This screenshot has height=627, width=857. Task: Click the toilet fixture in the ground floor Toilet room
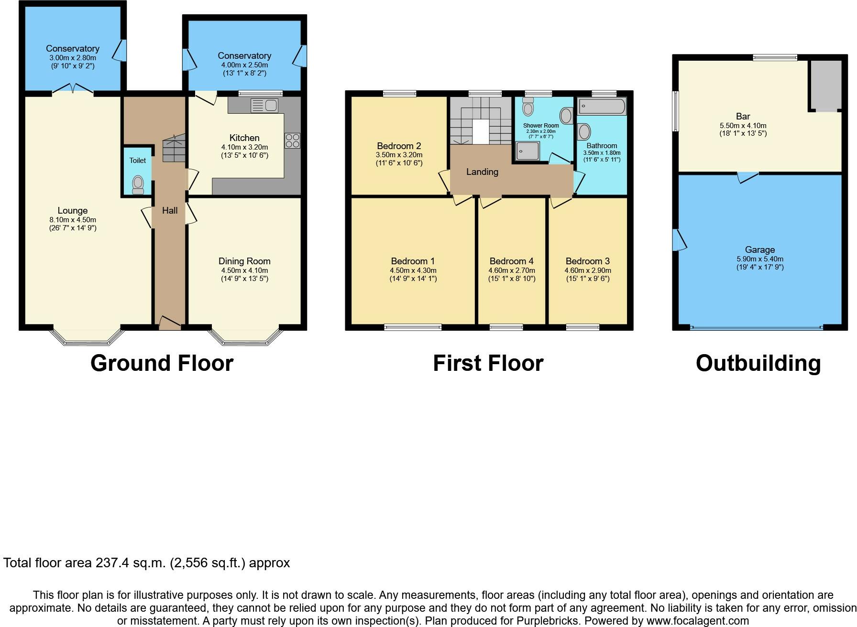click(138, 184)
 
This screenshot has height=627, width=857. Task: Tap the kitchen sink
click(264, 106)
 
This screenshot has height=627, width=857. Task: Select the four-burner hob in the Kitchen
click(292, 140)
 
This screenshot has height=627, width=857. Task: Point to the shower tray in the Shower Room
click(527, 150)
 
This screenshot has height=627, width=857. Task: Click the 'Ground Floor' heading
click(162, 363)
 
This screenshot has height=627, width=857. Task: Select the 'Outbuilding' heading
click(758, 363)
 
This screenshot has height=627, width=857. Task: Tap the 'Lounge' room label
click(73, 210)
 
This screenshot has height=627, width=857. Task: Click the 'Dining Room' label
click(244, 261)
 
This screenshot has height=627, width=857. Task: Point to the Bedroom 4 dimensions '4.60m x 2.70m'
click(512, 270)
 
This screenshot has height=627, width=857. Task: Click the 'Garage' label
click(760, 249)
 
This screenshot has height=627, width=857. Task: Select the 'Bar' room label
click(743, 116)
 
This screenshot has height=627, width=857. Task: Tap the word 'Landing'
click(482, 172)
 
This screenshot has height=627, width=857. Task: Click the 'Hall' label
click(170, 210)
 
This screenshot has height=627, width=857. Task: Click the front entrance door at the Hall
click(170, 323)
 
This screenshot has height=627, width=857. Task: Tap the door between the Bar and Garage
click(747, 177)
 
